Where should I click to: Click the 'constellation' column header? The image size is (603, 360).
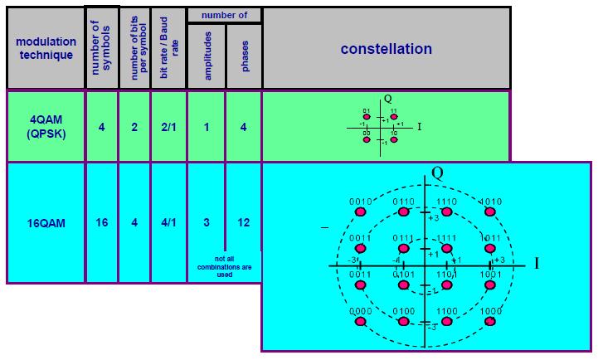(x=386, y=49)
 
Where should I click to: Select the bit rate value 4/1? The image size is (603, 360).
(x=168, y=221)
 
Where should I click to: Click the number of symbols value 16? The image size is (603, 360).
(x=101, y=221)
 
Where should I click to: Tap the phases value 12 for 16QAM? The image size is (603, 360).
(x=245, y=221)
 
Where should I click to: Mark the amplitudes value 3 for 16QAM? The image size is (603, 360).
(x=206, y=221)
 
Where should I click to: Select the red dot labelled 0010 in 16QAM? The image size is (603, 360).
(x=360, y=212)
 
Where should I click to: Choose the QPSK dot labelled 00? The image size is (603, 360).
(x=367, y=139)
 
